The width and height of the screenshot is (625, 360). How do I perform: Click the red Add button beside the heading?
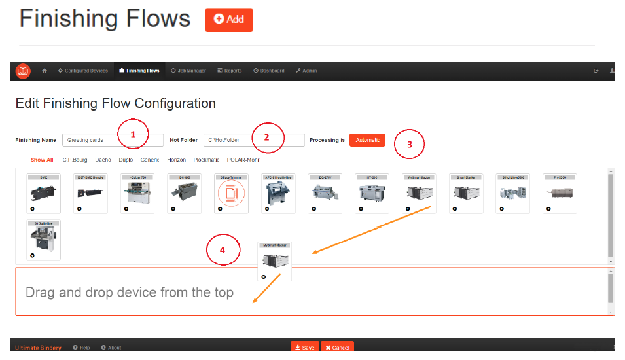[228, 20]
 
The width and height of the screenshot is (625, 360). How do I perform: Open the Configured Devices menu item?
[82, 71]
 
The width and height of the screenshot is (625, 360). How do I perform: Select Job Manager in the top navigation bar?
[188, 71]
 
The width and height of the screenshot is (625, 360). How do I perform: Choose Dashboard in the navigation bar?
[269, 71]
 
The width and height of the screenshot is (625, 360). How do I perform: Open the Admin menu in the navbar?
[306, 71]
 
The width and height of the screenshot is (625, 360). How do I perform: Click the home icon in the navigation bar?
[45, 71]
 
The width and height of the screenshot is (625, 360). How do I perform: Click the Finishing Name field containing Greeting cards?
[113, 140]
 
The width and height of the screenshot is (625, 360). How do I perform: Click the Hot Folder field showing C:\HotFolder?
[254, 140]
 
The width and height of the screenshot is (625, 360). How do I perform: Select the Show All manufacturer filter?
[43, 160]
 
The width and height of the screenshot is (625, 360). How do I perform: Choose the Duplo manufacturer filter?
[126, 160]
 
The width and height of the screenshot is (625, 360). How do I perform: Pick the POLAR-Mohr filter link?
[244, 160]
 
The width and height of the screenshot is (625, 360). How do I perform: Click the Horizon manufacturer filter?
[176, 160]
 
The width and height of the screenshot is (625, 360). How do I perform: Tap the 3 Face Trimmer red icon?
[231, 193]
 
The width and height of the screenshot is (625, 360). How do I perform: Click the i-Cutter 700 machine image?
[137, 192]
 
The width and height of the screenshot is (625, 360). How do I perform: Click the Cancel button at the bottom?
[338, 347]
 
